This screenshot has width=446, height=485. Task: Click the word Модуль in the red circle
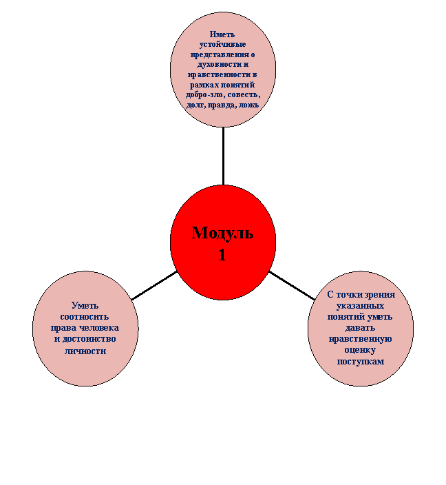pos(222,234)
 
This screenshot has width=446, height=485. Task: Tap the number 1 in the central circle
pos(222,255)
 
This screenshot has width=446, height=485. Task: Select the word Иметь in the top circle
pos(222,34)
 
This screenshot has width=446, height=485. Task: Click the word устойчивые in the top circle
pos(222,44)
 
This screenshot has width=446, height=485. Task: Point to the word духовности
pos(215,64)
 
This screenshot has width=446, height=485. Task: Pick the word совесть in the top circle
pos(244,94)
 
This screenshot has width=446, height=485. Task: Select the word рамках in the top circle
pos(203,85)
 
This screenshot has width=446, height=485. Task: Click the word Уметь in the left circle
pos(85,306)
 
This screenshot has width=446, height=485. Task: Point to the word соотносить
pos(85,317)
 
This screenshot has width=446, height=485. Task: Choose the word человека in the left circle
pos(99,328)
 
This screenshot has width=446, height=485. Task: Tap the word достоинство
pos(89,339)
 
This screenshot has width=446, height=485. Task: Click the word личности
pos(85,351)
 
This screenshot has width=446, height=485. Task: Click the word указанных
pos(361,306)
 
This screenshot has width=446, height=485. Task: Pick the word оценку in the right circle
pos(361,351)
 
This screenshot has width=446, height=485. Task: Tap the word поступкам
pos(361,362)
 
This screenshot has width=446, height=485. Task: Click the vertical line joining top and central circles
pos(223,156)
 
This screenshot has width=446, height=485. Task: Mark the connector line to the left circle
pos(154,285)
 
